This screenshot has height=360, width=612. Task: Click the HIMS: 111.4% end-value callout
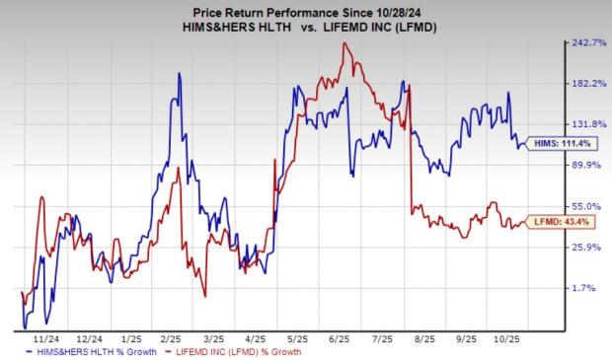point(561,144)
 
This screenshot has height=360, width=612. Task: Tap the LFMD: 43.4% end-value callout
point(561,221)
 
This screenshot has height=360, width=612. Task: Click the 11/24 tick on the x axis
point(42,334)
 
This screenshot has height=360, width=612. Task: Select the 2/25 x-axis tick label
point(169,334)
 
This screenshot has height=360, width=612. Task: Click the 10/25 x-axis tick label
point(506,334)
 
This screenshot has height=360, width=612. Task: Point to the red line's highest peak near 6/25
point(343,43)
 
